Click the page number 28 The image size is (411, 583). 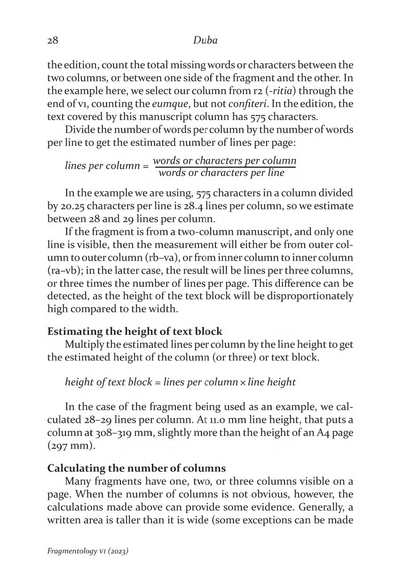click(x=52, y=40)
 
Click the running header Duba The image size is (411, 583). click(x=205, y=40)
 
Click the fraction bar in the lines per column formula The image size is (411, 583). click(x=224, y=167)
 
